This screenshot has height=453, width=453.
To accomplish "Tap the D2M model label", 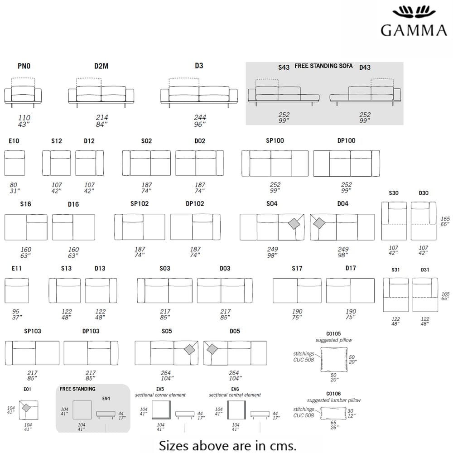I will point(101,66).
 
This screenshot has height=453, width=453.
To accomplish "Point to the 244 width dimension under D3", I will point(199,117).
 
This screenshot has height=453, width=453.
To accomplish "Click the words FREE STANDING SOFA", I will point(323,66).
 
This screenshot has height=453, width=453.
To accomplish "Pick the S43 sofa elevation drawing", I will point(283,93).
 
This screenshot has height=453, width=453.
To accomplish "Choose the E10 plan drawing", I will point(14,163).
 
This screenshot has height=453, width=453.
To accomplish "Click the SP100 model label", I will point(275,140).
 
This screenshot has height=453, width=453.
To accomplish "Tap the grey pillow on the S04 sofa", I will point(295,223).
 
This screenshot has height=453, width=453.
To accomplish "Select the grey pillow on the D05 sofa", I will point(212,349).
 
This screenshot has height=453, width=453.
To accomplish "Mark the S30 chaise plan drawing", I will point(394,221).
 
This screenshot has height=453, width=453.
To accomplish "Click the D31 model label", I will point(425,270).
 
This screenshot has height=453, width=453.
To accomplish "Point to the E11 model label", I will point(17,268).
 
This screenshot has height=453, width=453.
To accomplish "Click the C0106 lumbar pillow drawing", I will point(334,414).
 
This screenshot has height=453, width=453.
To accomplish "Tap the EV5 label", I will point(159,389).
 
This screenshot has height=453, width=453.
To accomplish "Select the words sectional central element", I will point(235,395).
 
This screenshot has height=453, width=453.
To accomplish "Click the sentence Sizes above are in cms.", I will point(227,445).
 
